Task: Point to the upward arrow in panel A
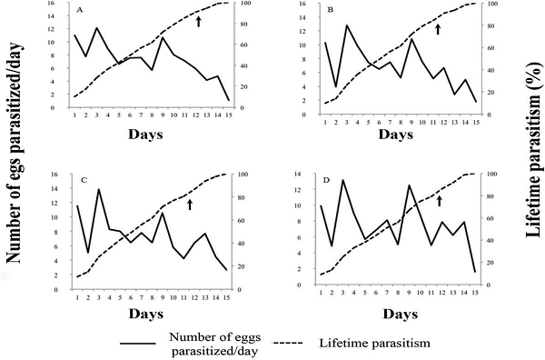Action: point(198,20)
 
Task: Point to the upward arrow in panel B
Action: point(438,29)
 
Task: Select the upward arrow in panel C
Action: point(190,205)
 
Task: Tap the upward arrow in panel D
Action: point(440,200)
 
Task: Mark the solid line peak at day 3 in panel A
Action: point(96,28)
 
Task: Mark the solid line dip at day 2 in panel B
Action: point(337,86)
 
